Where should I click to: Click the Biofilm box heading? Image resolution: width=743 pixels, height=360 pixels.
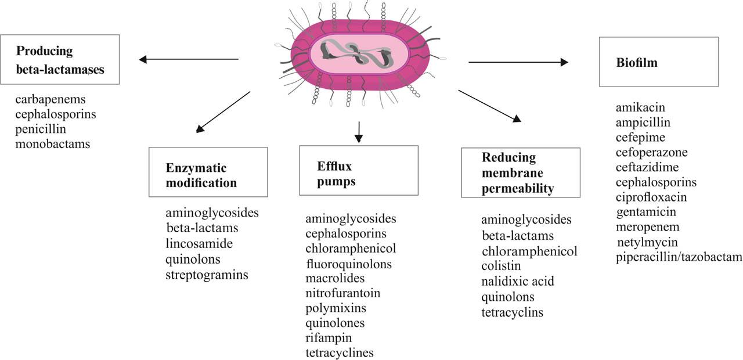[637, 62]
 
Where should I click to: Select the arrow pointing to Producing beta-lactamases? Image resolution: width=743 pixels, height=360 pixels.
[189, 59]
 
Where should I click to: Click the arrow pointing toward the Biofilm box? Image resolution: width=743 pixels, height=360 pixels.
[518, 62]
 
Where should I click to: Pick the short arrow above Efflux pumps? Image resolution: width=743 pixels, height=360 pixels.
[359, 132]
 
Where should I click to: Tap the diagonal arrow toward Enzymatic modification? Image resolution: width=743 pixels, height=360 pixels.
[223, 112]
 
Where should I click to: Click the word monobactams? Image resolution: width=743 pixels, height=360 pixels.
[53, 144]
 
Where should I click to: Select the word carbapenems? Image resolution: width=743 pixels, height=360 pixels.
[51, 99]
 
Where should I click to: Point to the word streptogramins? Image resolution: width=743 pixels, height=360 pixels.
[207, 275]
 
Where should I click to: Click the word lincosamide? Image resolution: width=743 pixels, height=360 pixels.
[199, 243]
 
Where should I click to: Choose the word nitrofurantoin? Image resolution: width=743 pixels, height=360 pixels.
[343, 293]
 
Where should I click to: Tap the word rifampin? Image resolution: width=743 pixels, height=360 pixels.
[329, 338]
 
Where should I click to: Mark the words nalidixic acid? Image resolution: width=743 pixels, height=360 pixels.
[518, 282]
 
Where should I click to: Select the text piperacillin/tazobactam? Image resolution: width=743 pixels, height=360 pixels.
[679, 257]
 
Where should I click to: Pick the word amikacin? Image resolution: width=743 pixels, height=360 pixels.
[640, 107]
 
